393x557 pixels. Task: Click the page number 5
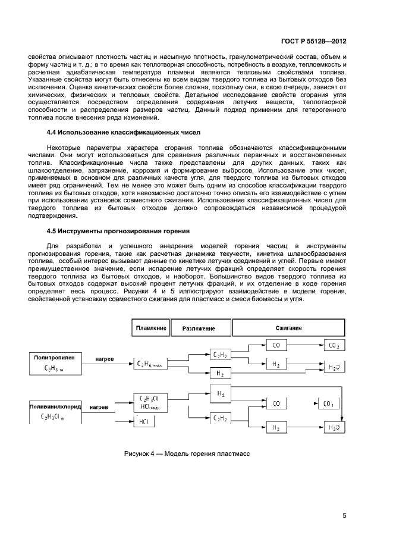point(344,515)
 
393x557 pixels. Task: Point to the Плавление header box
point(150,327)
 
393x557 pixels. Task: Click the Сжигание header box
point(288,327)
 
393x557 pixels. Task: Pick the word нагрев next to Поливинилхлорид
point(99,408)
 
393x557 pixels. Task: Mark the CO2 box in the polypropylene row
point(334,345)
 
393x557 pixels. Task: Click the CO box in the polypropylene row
point(276,345)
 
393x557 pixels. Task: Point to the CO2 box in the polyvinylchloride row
point(328,404)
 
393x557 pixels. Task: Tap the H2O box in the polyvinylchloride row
point(334,427)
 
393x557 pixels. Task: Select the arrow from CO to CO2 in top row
point(307,345)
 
